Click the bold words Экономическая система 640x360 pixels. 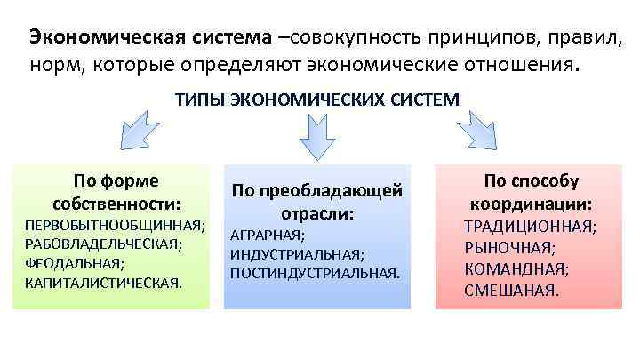pos(151,37)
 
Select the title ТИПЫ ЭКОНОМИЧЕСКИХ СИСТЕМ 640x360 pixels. pos(317,100)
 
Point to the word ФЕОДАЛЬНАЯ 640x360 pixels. pos(73,263)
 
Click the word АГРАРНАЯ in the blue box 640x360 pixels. pos(266,236)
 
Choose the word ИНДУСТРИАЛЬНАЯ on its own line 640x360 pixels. pos(294,254)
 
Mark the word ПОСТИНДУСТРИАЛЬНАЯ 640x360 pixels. pos(313,273)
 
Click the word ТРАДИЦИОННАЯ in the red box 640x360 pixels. pos(528,227)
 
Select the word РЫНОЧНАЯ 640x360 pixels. pos(509,247)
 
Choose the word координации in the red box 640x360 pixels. pos(528,204)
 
